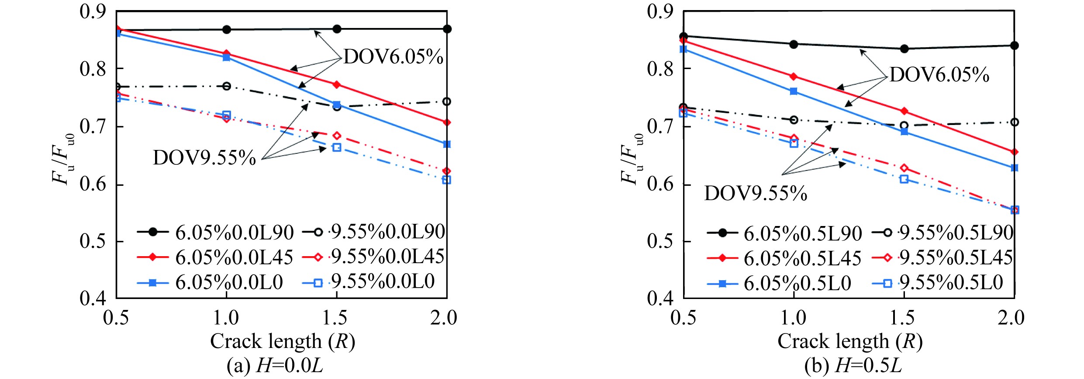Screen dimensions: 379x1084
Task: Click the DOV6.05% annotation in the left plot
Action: [x=393, y=57]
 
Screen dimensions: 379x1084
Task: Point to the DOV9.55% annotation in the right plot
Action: [x=756, y=193]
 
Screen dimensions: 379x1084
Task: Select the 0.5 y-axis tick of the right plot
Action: [x=660, y=241]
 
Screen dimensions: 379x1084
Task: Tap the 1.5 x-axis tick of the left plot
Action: [x=335, y=318]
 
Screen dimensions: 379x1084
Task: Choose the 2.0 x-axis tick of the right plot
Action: [x=1011, y=318]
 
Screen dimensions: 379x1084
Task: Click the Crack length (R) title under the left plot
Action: [x=283, y=341]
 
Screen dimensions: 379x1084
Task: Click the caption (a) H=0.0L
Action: [x=275, y=366]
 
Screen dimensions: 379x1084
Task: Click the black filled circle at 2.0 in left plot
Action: [x=447, y=29]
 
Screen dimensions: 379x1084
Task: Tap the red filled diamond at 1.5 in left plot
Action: [x=337, y=84]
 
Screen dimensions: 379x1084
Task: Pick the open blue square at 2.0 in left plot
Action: [x=446, y=180]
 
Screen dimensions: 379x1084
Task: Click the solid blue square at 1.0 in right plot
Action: [x=794, y=91]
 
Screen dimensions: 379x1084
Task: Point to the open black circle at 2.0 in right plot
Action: [x=1015, y=122]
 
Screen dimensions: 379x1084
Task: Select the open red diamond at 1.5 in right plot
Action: [x=904, y=168]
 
